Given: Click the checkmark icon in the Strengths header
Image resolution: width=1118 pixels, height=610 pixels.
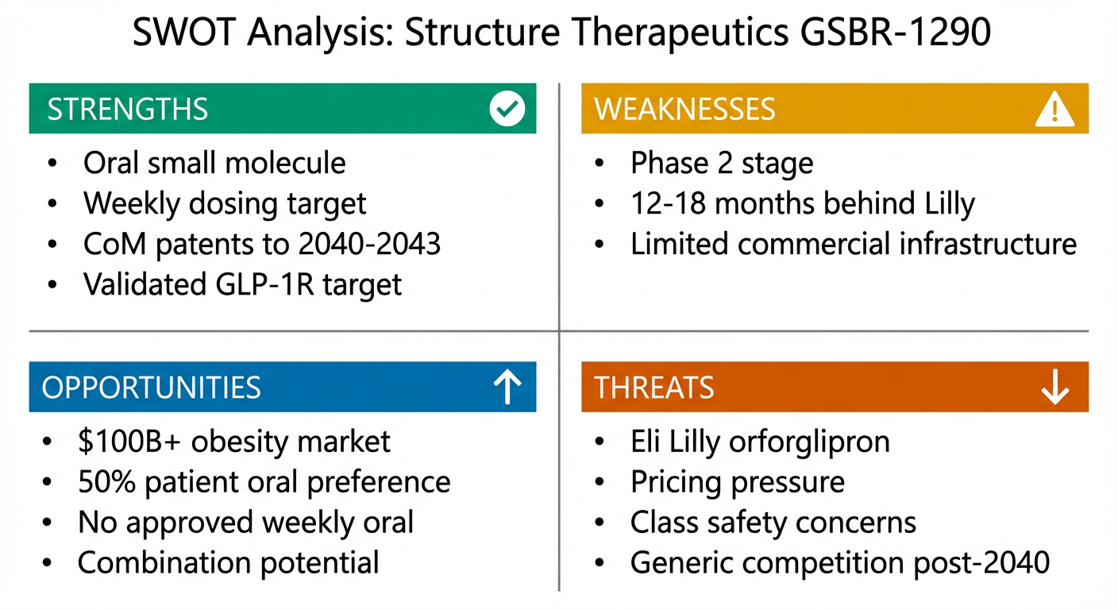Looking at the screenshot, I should (507, 110).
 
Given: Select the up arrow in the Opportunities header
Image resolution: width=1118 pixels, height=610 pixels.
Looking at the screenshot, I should (507, 388).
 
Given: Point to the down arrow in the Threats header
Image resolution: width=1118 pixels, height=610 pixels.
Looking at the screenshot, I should (1054, 388).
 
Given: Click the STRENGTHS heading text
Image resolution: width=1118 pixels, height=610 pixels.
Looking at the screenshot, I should (128, 110).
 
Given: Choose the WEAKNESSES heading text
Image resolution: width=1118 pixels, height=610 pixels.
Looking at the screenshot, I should (685, 110).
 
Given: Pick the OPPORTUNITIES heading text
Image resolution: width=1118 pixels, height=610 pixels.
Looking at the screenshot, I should (151, 388).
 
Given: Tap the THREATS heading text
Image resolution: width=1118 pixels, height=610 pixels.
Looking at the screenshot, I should (654, 388).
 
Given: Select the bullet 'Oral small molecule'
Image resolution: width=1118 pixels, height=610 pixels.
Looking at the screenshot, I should (214, 163).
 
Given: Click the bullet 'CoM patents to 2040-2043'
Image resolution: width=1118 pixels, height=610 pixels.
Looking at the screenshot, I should (262, 244).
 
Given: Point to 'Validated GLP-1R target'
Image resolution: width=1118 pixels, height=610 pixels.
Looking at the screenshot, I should (242, 284).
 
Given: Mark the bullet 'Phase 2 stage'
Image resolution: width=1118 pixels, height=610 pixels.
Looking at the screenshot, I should (722, 163).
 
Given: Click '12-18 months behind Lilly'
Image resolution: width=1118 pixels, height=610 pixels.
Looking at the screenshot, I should (802, 203).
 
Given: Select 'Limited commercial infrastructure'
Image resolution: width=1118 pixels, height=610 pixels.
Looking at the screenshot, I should (854, 244).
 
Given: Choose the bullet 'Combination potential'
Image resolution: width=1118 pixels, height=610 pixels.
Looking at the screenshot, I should (228, 562).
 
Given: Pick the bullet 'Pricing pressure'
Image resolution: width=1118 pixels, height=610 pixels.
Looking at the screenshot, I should (738, 482).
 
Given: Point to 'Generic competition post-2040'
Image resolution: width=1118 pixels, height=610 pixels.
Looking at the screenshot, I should (840, 562).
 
